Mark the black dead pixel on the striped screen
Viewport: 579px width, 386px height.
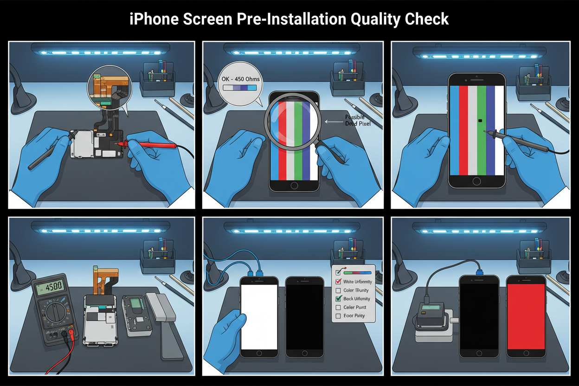[480, 121]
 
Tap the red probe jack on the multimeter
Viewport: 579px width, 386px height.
[71, 332]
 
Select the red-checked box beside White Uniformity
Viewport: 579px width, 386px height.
[338, 282]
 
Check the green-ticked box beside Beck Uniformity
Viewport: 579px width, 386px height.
[338, 299]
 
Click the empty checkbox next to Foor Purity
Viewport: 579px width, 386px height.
[338, 316]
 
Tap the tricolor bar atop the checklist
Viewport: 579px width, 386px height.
[357, 273]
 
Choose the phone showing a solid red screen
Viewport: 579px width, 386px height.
[526, 317]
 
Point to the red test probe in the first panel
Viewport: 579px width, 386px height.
[151, 146]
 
